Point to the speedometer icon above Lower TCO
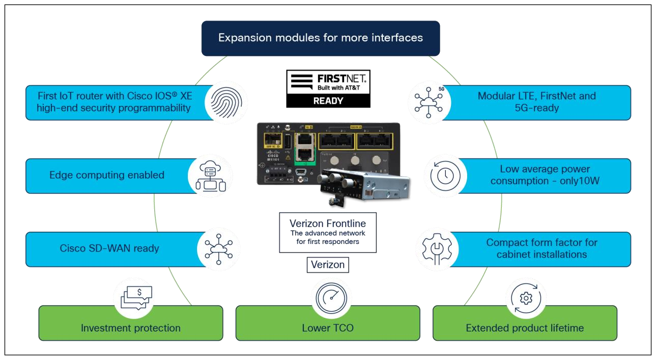tap(331, 298)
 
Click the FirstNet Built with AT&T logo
tap(328, 82)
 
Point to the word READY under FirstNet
tap(328, 101)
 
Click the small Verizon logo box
tap(328, 265)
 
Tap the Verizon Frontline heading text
tap(328, 224)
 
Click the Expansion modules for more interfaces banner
tap(321, 38)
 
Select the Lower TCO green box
tap(328, 327)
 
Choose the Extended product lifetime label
tap(525, 328)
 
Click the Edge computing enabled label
tap(107, 175)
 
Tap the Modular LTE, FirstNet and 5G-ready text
tap(536, 102)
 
